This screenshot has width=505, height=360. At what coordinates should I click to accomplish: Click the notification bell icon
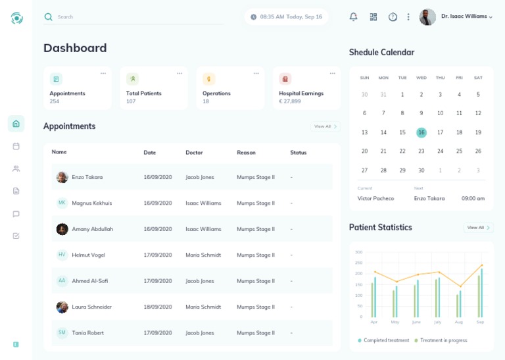pos(353,17)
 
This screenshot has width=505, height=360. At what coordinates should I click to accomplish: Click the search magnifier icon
pos(48,17)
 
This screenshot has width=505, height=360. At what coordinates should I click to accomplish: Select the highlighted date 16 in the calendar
pos(421,132)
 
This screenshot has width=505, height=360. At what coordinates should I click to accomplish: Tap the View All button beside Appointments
pos(325,126)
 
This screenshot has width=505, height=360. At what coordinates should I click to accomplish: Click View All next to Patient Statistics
pos(478,228)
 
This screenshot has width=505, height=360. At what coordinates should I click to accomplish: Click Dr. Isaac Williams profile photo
pos(427,17)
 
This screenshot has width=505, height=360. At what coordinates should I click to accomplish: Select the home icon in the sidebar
pos(16,124)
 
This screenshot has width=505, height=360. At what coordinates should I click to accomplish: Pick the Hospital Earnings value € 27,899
pos(290,101)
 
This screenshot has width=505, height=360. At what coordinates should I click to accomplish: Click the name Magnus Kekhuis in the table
pos(91,203)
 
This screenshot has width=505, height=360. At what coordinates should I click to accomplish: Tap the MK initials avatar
pos(62,203)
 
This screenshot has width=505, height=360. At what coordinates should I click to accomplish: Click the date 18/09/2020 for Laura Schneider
pos(157,307)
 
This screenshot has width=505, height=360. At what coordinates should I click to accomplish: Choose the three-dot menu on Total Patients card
pos(180,74)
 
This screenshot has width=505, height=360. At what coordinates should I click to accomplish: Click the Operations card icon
pos(208,79)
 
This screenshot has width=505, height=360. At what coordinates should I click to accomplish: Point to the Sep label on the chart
pos(480,322)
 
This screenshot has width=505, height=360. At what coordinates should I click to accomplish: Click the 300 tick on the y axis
pos(358,252)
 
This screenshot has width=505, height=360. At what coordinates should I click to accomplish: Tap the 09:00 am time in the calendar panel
pos(473,198)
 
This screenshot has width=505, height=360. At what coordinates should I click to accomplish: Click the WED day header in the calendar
pos(421,78)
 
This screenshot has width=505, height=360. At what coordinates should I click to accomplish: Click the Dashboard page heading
pos(75,48)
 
